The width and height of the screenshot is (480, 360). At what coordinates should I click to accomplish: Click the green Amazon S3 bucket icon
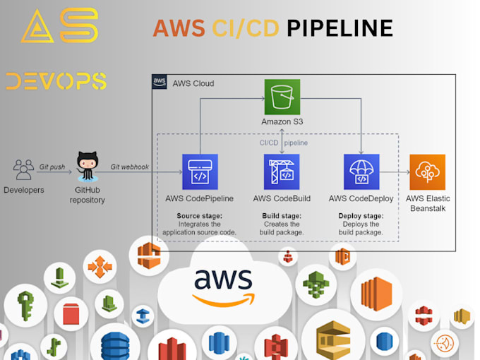pyautogui.click(x=282, y=97)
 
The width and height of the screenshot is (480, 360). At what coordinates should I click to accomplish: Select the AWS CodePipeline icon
pyautogui.click(x=199, y=172)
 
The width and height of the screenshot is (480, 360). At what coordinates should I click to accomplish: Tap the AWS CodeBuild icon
pyautogui.click(x=282, y=172)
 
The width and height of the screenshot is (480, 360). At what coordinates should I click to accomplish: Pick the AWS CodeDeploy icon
pyautogui.click(x=361, y=172)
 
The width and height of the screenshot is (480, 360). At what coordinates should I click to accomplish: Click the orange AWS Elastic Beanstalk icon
pyautogui.click(x=427, y=172)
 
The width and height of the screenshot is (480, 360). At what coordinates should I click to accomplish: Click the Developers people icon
pyautogui.click(x=23, y=169)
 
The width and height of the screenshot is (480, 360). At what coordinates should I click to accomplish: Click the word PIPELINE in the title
pyautogui.click(x=340, y=28)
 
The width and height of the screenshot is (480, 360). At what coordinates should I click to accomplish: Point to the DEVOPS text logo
pyautogui.click(x=56, y=81)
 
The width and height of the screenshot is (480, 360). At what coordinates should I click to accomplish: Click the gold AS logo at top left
pyautogui.click(x=59, y=26)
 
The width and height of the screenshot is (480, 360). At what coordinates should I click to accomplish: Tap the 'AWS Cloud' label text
pyautogui.click(x=193, y=83)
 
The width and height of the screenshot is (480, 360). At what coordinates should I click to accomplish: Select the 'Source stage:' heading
pyautogui.click(x=199, y=215)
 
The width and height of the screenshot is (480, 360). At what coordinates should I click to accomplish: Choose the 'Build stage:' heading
pyautogui.click(x=282, y=215)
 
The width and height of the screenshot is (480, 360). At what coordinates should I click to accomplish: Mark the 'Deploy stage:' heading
pyautogui.click(x=361, y=215)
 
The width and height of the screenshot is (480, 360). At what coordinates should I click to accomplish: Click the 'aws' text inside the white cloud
pyautogui.click(x=223, y=281)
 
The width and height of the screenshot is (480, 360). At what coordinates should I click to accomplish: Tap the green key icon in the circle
pyautogui.click(x=25, y=304)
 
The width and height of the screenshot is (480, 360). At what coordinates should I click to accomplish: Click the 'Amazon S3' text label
pyautogui.click(x=282, y=122)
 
